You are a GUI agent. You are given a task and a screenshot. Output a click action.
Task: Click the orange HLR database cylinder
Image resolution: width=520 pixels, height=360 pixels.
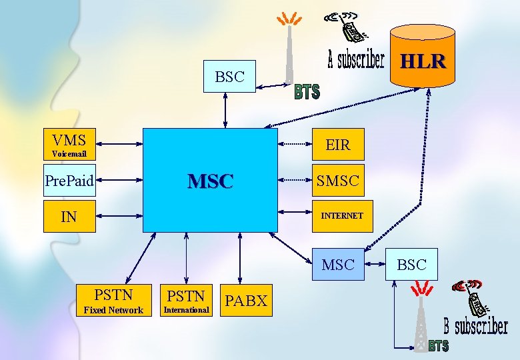423,56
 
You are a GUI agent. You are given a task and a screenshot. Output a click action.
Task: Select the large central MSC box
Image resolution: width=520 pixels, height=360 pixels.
210,180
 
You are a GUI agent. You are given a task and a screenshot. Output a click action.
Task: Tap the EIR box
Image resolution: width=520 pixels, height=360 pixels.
337,144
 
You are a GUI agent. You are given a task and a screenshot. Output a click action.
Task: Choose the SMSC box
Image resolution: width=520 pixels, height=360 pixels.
337,180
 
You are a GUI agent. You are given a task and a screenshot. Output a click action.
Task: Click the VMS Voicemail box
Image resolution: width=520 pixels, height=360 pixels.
69,144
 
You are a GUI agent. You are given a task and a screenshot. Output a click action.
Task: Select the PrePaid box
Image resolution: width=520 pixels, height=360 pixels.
69,180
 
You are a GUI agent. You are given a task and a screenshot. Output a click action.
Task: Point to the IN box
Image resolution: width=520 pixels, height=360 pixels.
69,216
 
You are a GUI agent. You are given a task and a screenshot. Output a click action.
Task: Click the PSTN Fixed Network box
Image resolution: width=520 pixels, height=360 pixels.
113,300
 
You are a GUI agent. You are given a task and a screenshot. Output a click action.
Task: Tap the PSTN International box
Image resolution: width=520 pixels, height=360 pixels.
186,300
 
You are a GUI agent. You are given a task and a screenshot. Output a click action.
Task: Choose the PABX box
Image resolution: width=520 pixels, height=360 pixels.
245,300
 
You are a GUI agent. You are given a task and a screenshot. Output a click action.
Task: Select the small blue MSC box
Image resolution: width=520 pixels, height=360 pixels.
337,265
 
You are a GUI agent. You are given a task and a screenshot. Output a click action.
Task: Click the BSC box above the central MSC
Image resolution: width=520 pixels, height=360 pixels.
229,77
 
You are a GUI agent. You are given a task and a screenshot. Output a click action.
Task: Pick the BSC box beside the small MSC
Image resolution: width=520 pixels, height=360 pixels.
411,265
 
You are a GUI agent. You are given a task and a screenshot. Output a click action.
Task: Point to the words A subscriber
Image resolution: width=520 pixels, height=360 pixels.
356,61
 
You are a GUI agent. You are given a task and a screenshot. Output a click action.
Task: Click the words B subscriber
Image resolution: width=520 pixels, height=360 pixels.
475,327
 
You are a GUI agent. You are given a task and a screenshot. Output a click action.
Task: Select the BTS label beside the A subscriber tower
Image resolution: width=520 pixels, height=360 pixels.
307,92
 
